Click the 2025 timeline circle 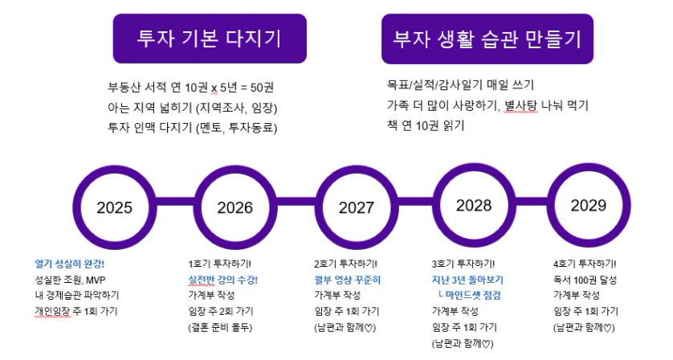coord(114,207)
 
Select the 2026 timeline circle coord(235,207)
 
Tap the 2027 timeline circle coord(357,207)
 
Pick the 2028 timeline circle coord(473,206)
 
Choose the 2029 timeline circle coord(589,206)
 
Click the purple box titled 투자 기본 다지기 coord(210,39)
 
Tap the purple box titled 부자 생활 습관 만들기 coord(487,39)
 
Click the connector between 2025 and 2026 coord(175,202)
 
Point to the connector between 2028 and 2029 coord(531,201)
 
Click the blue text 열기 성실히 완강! coord(70,264)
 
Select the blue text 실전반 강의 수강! coord(222,280)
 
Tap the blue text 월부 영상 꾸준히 coord(347,280)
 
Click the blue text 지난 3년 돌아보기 coord(467,280)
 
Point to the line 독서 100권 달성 coord(585,280)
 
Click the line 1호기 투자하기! coord(220,264)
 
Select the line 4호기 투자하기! coord(585,264)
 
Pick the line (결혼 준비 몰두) coord(220,327)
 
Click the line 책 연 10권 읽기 coord(426,126)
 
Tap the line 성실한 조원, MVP coord(70,280)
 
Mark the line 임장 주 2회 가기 coord(221,311)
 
